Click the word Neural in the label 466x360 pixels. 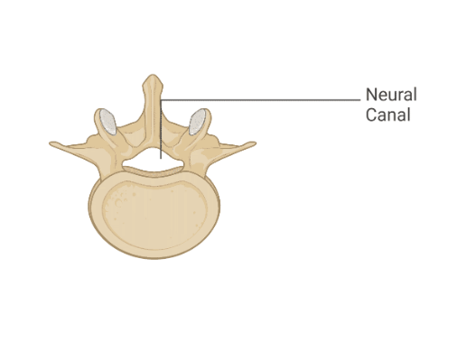pyautogui.click(x=391, y=95)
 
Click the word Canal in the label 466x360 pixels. pyautogui.click(x=388, y=115)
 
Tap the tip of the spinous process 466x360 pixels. pyautogui.click(x=154, y=78)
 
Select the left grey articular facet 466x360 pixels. pyautogui.click(x=107, y=120)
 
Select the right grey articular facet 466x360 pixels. pyautogui.click(x=200, y=120)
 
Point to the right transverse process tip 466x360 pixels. pyautogui.click(x=254, y=144)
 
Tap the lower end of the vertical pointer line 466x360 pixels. pyautogui.click(x=162, y=157)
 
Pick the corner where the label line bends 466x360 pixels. pyautogui.click(x=162, y=98)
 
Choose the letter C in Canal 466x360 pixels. pyautogui.click(x=371, y=115)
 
